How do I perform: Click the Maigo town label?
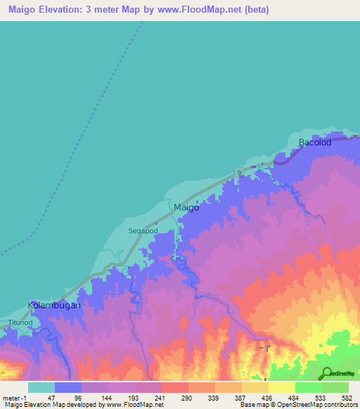pos(186,208)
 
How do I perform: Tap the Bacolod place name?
pos(314,143)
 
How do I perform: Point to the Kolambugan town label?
pos(54,306)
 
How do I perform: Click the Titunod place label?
pos(20,322)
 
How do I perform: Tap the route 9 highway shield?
pos(239,172)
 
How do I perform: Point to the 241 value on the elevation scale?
pos(161,397)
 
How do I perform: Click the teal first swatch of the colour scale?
pos(41,387)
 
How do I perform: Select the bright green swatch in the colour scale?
pos(309,387)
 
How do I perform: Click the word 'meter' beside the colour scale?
pos(11,397)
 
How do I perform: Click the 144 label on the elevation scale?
pos(108,397)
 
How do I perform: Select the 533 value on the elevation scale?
pos(322,397)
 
